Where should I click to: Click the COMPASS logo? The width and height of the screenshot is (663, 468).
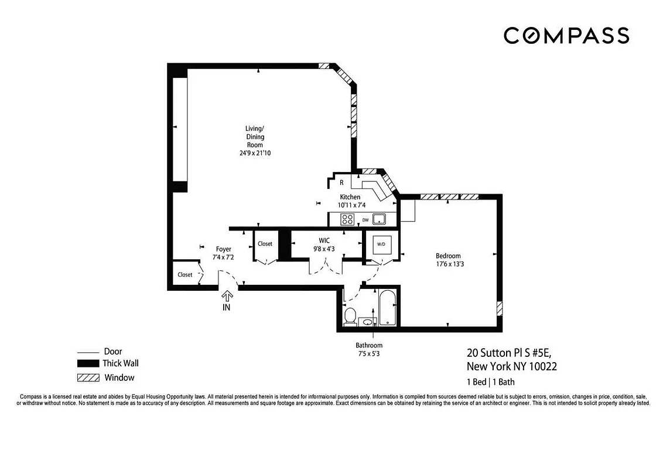click(x=566, y=36)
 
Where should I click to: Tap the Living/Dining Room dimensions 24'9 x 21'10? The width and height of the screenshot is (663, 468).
click(x=254, y=153)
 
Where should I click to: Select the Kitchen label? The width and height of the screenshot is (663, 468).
click(x=350, y=197)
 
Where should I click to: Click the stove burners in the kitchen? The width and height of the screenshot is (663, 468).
click(x=347, y=220)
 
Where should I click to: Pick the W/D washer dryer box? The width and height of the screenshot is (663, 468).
click(x=381, y=244)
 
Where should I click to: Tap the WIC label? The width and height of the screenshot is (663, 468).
click(x=324, y=240)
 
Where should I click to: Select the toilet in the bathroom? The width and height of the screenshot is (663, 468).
click(x=350, y=316)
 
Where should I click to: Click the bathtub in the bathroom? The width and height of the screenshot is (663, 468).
click(x=388, y=308)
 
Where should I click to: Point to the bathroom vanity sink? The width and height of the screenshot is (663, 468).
click(x=367, y=321)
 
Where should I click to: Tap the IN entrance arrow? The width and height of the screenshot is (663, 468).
click(x=226, y=297)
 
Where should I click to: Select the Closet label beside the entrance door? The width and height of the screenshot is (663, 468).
click(x=185, y=274)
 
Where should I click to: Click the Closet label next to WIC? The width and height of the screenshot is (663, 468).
click(x=265, y=243)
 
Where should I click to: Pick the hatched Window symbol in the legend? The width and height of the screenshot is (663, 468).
click(x=88, y=377)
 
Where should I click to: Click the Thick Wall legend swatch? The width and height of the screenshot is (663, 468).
click(x=88, y=364)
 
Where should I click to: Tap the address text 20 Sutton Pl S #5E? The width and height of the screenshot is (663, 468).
click(x=508, y=353)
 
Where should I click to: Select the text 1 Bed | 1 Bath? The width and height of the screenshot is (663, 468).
click(x=491, y=382)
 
